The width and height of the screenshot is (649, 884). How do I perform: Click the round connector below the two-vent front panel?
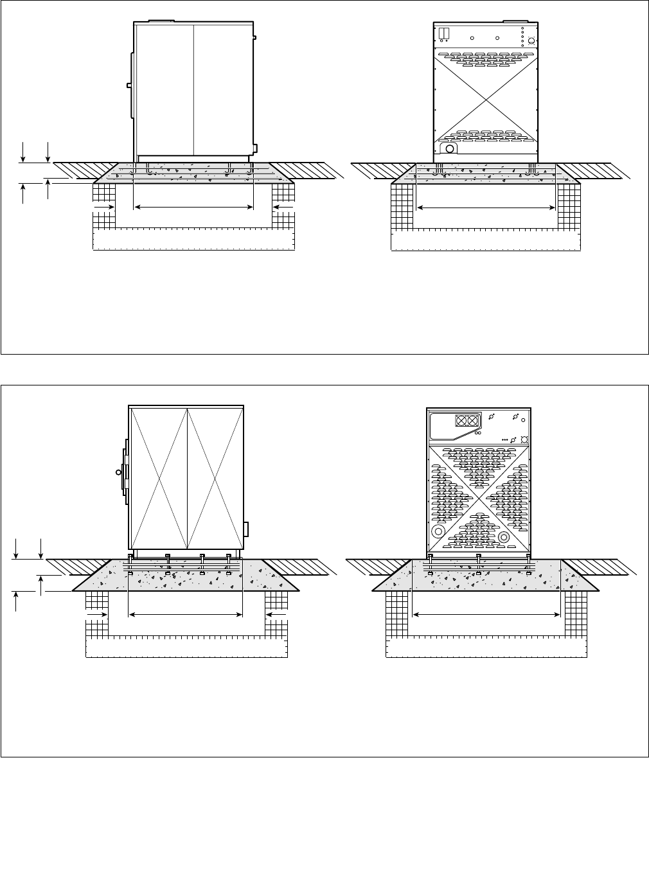450,149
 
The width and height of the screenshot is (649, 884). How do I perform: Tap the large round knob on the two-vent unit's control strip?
531,42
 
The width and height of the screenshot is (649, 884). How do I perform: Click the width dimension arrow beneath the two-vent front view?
486,208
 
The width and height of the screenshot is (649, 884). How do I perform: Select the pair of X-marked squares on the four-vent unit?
468,421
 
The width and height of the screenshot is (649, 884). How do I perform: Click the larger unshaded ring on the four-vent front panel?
438,532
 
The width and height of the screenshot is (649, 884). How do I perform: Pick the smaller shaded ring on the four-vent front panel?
504,536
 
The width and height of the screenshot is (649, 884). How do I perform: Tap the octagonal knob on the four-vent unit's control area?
524,439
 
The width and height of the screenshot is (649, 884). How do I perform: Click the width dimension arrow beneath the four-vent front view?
486,615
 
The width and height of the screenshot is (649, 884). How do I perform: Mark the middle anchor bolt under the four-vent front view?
479,556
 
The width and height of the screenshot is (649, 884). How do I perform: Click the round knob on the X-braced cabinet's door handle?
118,472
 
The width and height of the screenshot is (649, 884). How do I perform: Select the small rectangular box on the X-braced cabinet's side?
245,529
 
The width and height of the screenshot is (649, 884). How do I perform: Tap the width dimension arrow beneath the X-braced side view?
186,615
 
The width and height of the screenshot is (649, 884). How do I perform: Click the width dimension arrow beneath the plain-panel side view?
193,207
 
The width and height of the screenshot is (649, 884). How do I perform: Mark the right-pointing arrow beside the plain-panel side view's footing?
104,208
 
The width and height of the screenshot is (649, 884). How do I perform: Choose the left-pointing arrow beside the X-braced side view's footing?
276,615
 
